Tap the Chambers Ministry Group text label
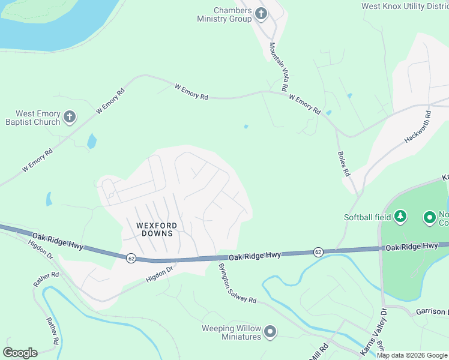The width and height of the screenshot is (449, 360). coord(224,14)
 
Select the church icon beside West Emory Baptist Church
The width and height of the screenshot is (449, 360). coord(70,117)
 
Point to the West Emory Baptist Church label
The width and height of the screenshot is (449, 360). coord(38,118)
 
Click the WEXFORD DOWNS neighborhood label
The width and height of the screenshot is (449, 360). coord(150,229)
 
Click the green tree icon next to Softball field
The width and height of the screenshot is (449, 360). coord(400,216)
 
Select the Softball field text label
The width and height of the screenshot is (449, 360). coord(367,217)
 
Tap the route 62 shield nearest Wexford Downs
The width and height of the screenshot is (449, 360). coord(130,258)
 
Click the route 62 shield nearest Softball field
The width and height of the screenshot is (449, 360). coord(318,252)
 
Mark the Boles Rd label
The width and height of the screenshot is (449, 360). coord(343,163)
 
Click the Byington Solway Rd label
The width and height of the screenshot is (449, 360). coord(237,283)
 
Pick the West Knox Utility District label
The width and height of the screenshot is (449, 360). coord(405,7)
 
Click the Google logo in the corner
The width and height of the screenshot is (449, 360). coord(20,352)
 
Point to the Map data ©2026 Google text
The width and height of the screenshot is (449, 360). coord(412,355)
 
